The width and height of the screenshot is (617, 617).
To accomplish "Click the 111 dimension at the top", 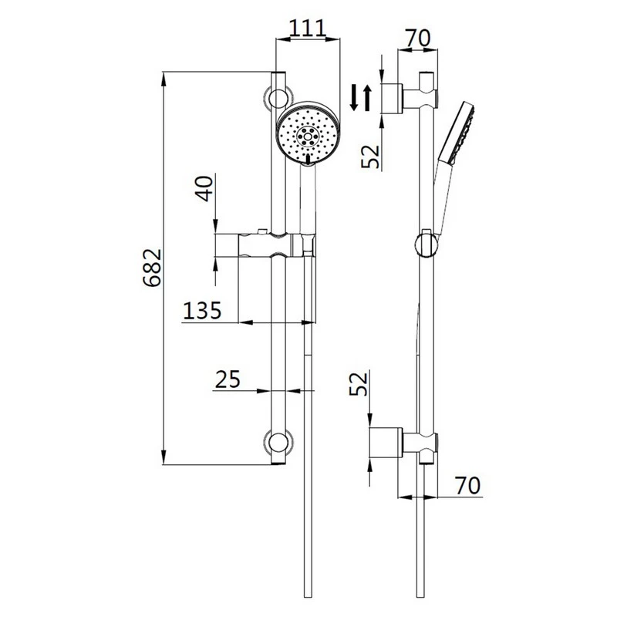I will [308, 29].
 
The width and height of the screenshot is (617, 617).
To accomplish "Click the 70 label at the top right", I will [416, 36].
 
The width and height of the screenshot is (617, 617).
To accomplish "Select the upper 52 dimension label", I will [372, 153].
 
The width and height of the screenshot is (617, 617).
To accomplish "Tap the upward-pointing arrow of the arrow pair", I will [367, 98].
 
